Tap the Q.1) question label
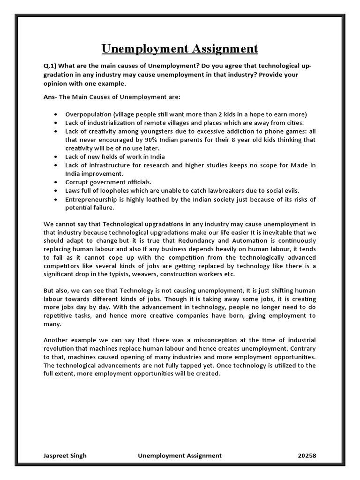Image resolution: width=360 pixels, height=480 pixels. [51, 66]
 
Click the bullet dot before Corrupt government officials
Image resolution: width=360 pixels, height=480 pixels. [56, 182]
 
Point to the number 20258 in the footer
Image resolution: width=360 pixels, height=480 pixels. [307, 456]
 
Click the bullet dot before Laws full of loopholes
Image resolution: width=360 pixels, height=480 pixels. [56, 191]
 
